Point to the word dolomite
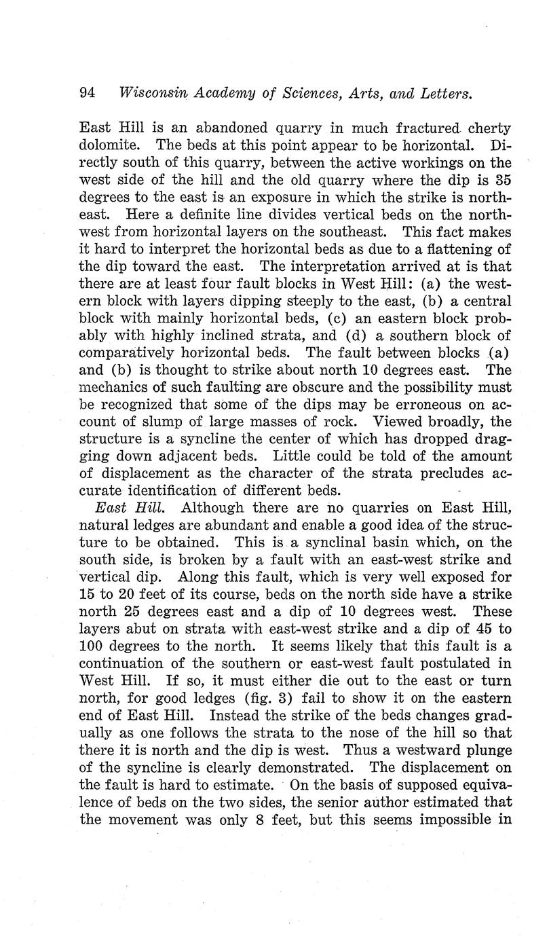pyautogui.click(x=111, y=145)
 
